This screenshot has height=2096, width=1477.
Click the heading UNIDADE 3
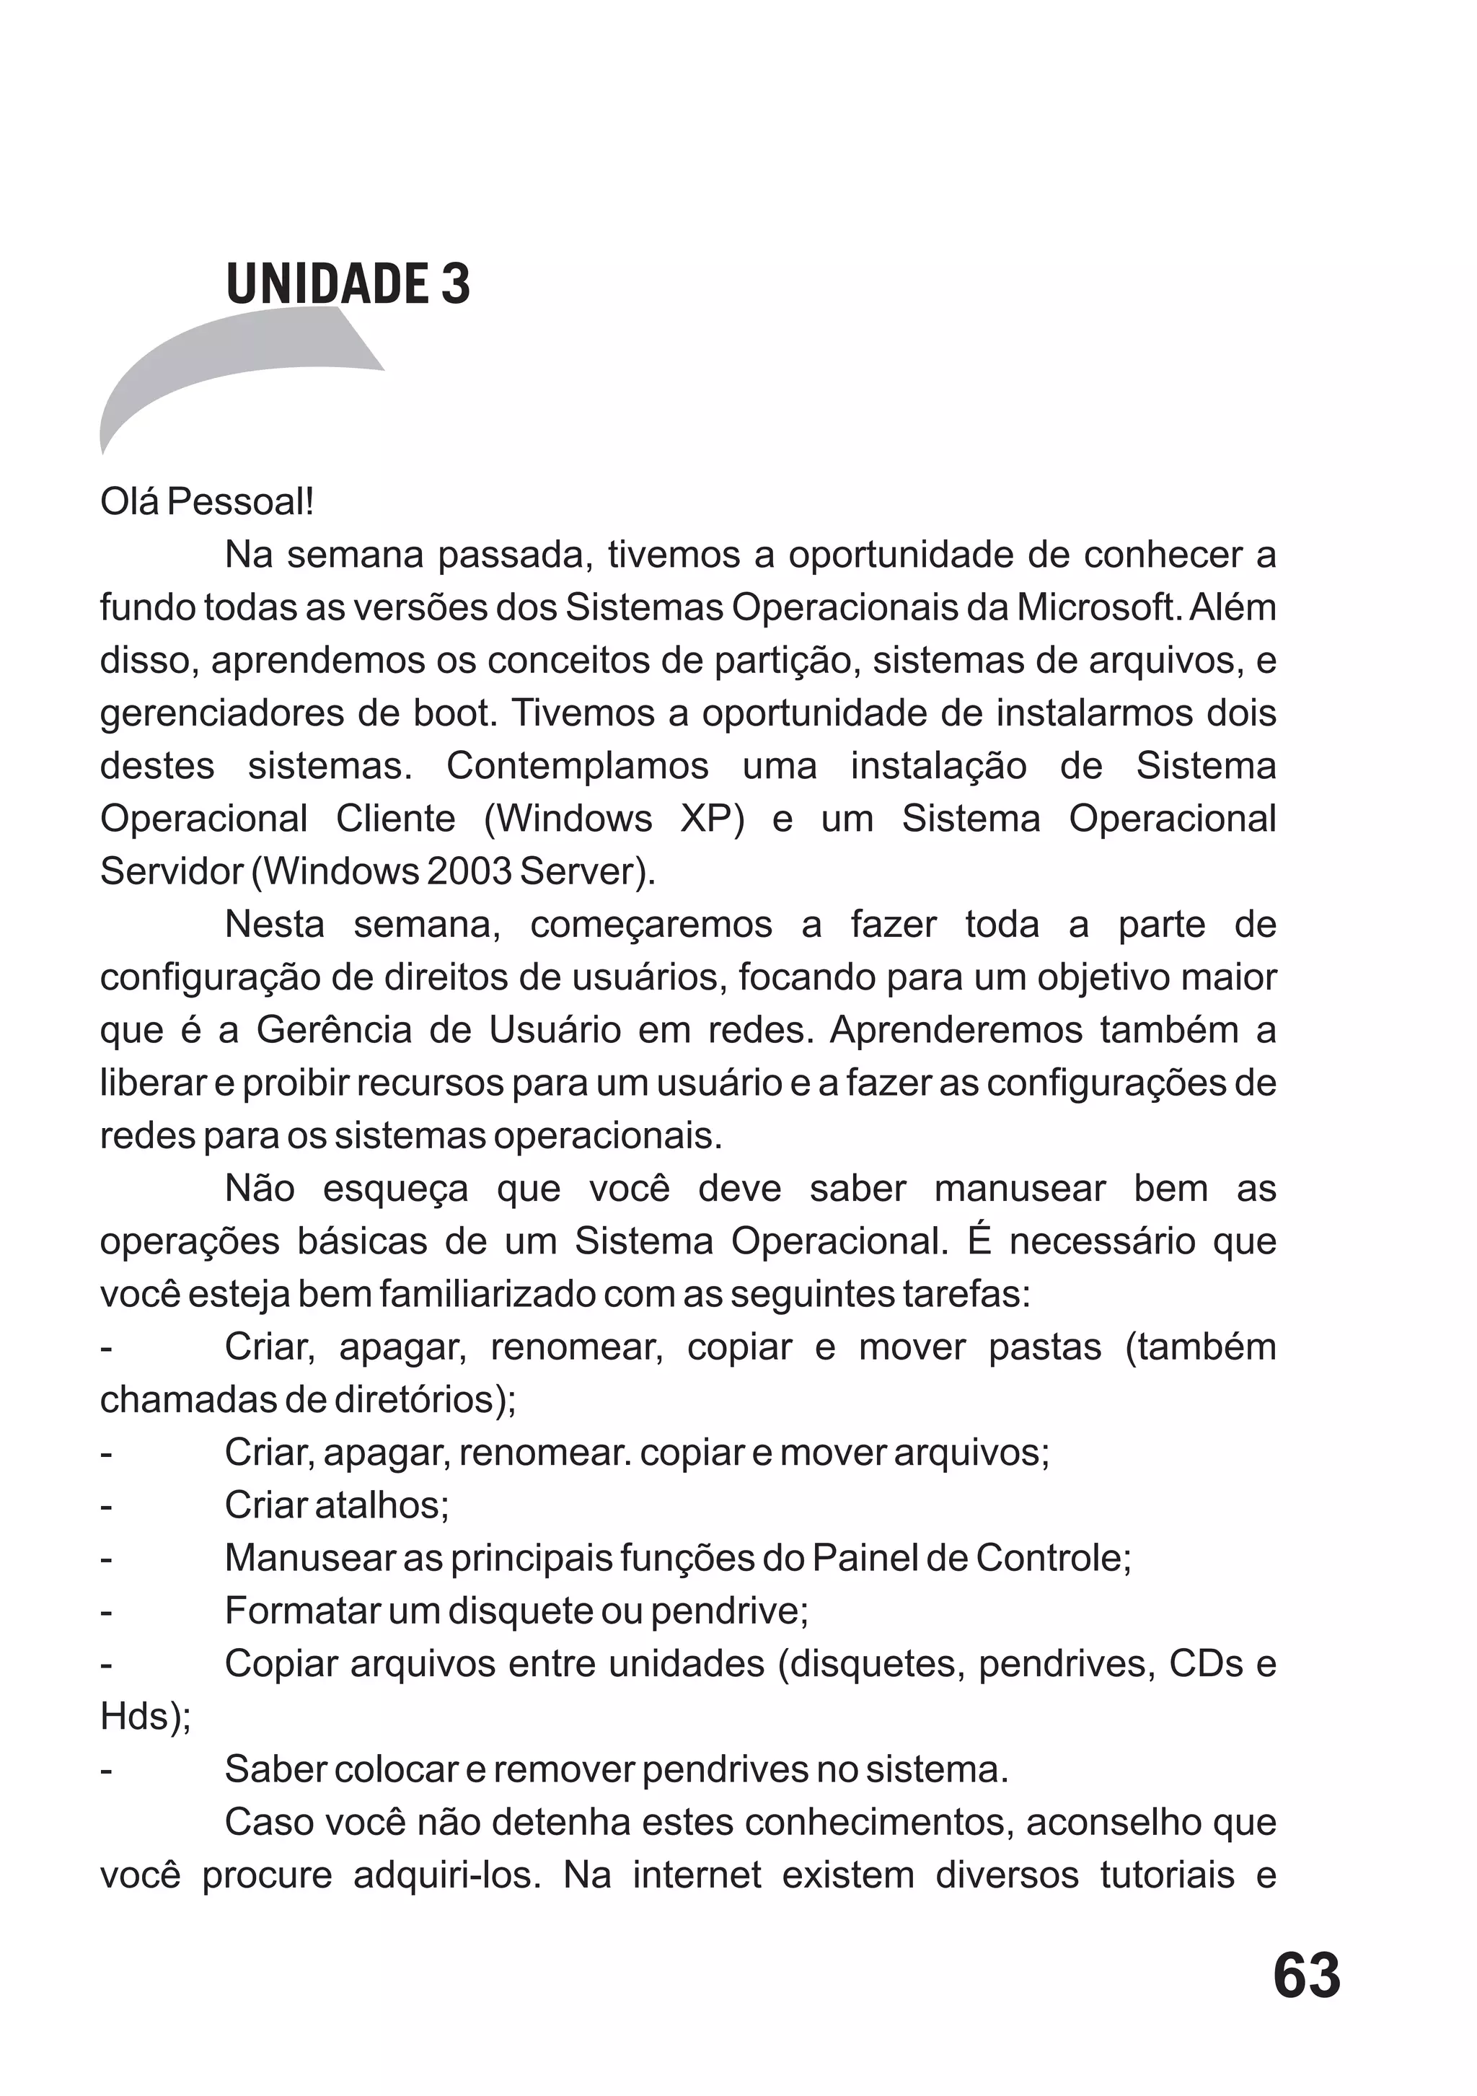[x=348, y=284]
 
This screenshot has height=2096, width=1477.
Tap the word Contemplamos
[x=577, y=766]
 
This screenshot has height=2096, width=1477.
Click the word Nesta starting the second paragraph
[x=275, y=925]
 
